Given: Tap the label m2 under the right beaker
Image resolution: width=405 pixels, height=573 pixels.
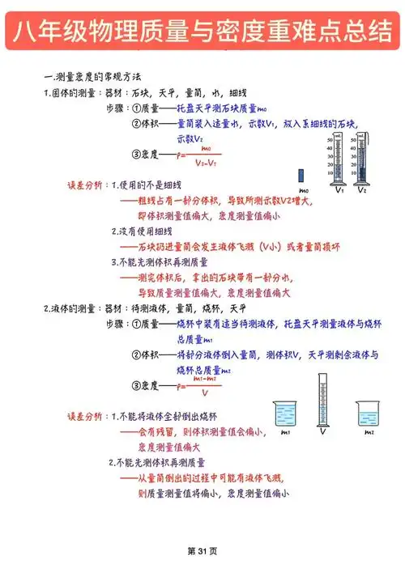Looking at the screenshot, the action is click(x=369, y=432).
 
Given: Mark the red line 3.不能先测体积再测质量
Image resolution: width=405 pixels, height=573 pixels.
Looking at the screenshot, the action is click(x=159, y=262).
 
